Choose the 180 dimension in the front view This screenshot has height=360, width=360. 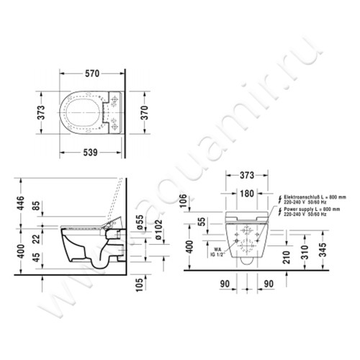246,193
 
